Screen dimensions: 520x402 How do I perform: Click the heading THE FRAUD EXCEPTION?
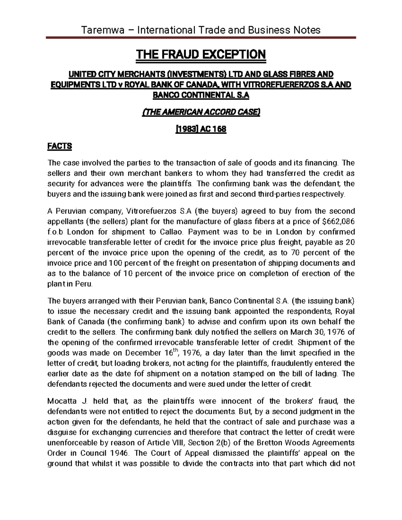[x=201, y=54]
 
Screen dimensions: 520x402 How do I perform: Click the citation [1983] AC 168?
[x=201, y=129]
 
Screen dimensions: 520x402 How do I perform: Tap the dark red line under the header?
[x=201, y=39]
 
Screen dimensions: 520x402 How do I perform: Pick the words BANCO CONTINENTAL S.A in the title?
[x=201, y=95]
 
